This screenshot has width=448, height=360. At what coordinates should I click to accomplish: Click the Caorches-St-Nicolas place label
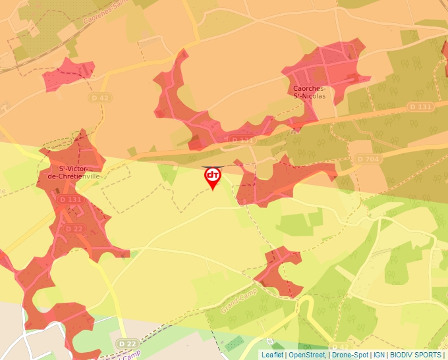(x=309, y=91)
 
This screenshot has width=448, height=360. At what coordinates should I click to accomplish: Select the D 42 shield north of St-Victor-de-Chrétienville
(x=99, y=97)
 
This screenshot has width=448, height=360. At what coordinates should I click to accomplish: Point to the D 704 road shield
(x=368, y=159)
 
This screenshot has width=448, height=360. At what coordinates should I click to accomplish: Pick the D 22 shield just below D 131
(x=74, y=228)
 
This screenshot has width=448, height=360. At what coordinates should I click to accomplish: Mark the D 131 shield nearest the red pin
(x=242, y=140)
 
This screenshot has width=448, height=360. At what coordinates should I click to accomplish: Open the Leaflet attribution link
(x=271, y=355)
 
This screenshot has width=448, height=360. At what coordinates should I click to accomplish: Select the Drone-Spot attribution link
(x=350, y=355)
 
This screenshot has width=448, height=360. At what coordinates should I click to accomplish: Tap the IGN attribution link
(x=379, y=355)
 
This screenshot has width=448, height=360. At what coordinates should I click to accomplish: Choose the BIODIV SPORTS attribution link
(x=415, y=355)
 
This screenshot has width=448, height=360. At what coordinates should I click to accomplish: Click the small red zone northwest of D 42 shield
(x=67, y=75)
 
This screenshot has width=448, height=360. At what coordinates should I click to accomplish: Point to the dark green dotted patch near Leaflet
(x=233, y=343)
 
